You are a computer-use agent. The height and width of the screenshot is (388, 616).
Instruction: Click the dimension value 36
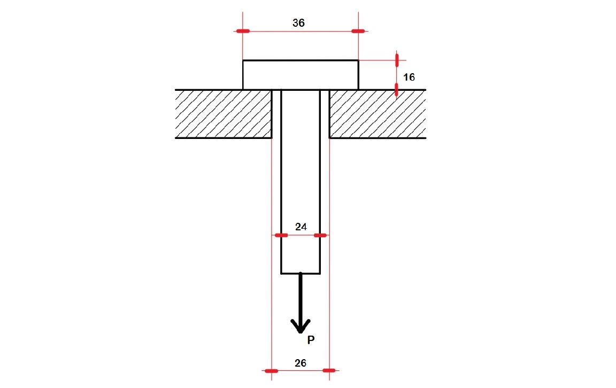pos(299,23)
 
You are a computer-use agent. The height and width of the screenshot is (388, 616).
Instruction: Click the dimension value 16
pos(409,77)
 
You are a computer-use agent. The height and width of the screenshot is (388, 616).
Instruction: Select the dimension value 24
pos(301,227)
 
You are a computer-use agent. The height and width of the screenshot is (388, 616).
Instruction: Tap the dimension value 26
pos(301,363)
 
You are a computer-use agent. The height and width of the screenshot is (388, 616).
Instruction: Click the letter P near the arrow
pos(311,339)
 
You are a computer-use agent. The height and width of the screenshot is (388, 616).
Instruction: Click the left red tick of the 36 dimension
pos(243,31)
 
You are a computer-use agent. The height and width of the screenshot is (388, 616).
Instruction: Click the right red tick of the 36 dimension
pos(358,31)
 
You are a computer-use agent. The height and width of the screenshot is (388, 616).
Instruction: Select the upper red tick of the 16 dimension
pos(397,59)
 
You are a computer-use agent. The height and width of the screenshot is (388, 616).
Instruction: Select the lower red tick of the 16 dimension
pos(397,90)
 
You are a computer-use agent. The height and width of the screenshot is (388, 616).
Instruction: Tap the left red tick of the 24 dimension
pos(281,235)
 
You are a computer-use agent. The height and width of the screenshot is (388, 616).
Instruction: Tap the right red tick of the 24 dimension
pos(320,235)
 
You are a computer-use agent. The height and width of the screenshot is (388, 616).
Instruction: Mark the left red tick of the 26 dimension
pos(272,370)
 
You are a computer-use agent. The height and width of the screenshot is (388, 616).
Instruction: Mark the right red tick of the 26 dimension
pos(329,370)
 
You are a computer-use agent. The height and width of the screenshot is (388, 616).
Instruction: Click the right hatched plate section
pos(378,114)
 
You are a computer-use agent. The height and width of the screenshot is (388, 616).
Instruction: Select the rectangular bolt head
pos(301,75)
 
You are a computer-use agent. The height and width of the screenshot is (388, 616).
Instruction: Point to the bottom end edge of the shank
pos(301,274)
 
